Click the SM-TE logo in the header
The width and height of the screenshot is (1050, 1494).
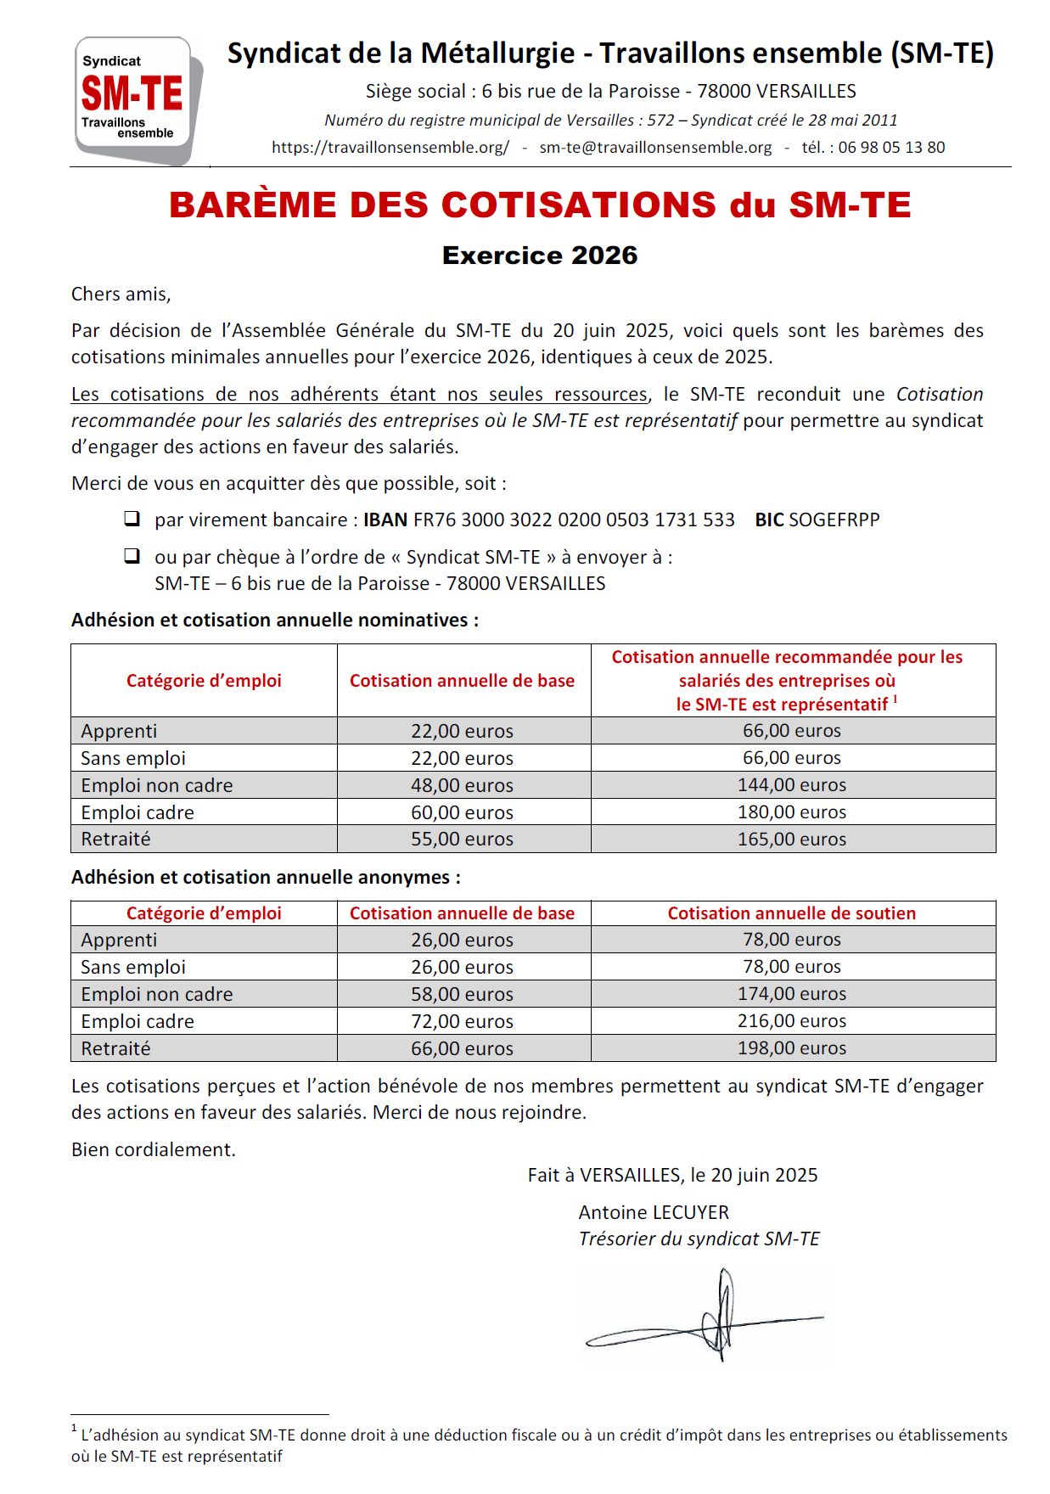coord(136,99)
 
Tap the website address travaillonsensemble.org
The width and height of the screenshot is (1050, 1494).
coord(390,148)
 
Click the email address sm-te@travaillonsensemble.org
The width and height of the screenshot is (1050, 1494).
coord(655,148)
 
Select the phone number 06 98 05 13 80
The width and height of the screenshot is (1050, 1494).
coord(891,148)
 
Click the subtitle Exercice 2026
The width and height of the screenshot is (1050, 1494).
coord(540,256)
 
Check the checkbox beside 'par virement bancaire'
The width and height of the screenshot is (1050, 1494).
coord(132,519)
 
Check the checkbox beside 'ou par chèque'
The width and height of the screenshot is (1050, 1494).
coord(132,556)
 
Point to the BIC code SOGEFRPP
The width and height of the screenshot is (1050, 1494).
coord(834,520)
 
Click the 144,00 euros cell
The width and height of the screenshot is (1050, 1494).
coord(792,785)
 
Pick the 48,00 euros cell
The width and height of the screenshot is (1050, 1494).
coord(462,785)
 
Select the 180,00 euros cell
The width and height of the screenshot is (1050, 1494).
coord(792,812)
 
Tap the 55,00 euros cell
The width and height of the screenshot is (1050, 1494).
coord(462,840)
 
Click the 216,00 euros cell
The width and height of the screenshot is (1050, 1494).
coord(792,1021)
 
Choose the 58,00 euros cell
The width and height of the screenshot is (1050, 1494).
coord(462,994)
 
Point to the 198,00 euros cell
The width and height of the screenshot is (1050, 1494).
coord(792,1048)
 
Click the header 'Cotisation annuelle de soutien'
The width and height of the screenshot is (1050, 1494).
coord(792,913)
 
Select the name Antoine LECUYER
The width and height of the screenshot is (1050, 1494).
coord(654,1212)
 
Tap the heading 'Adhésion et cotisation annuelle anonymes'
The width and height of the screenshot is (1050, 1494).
coord(266,878)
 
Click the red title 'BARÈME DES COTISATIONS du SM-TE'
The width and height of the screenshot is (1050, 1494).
coord(540,205)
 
